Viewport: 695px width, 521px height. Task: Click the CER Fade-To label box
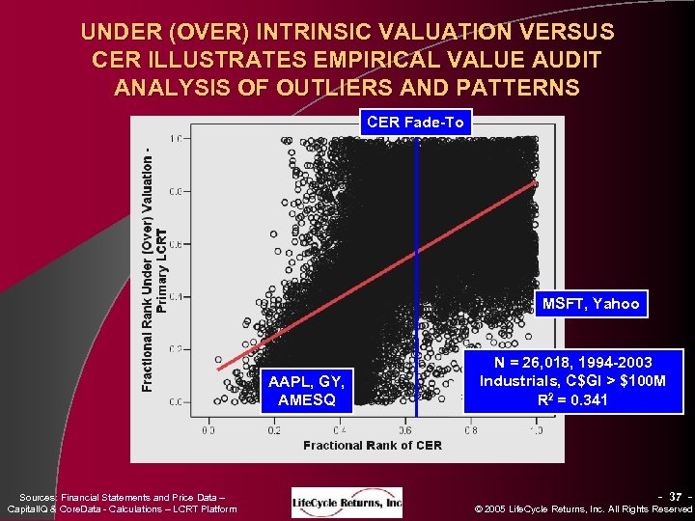[x=415, y=122]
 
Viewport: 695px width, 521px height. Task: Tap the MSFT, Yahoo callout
[x=591, y=304]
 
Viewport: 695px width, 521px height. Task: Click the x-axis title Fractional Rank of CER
[x=373, y=445]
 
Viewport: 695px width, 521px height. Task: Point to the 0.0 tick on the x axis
[x=208, y=429]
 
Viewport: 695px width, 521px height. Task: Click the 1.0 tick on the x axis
[x=535, y=429]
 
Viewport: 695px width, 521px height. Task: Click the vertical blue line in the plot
[x=417, y=241]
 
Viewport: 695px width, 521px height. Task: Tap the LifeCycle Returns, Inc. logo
[x=347, y=502]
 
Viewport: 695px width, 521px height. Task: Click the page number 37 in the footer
[x=676, y=495]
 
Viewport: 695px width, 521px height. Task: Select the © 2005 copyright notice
[x=586, y=508]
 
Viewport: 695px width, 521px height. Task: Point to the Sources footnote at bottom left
[x=122, y=502]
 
